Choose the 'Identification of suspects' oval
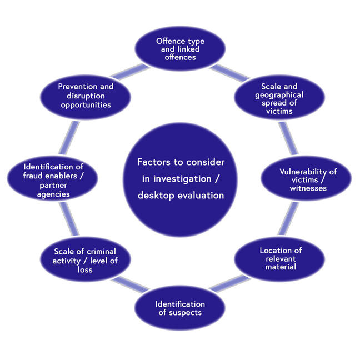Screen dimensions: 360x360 tap(179, 307)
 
